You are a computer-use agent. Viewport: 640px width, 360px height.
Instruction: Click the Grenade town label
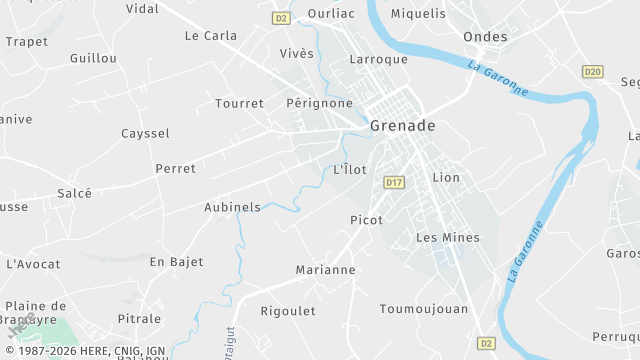point(402,126)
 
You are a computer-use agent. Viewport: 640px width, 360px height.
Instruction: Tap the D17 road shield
point(394,182)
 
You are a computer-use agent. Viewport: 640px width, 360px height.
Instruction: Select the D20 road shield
point(592,71)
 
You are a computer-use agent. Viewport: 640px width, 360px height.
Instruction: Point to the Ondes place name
point(485,37)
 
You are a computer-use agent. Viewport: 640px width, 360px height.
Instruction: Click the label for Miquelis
point(418,14)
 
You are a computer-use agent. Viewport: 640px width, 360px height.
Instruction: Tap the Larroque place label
point(378,59)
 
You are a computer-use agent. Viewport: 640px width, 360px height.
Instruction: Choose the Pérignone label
point(319,103)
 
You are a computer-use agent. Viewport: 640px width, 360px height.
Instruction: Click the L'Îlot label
point(350,169)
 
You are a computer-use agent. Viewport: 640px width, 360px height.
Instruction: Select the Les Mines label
point(447,238)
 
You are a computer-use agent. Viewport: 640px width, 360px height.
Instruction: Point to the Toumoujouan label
point(424,309)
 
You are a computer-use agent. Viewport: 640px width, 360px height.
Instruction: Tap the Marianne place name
point(325,270)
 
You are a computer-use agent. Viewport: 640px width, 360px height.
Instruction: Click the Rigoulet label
point(288,311)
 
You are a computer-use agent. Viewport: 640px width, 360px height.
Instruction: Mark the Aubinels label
point(232,207)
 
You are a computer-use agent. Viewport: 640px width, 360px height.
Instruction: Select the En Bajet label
point(176,262)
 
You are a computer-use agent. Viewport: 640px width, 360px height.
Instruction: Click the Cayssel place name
point(145,133)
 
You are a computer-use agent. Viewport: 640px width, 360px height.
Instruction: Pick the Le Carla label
point(211,35)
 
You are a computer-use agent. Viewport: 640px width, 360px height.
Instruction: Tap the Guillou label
point(93,58)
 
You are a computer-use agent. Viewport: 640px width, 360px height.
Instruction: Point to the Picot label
point(366,220)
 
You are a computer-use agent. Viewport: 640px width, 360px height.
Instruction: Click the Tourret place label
point(239,103)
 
